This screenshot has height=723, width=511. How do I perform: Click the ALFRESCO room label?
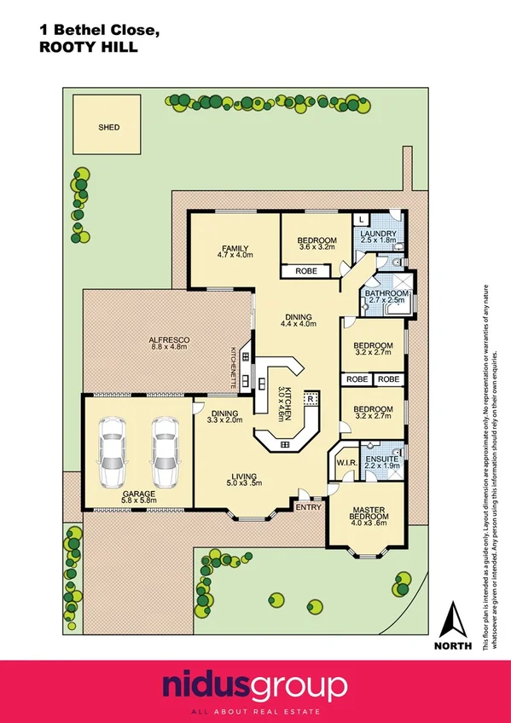point(170,340)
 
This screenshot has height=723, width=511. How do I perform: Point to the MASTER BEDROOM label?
point(369,513)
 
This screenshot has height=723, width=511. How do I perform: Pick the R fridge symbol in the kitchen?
point(311,398)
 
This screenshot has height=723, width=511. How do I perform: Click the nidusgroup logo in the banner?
point(255,685)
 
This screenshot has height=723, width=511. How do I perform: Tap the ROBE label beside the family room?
point(306,271)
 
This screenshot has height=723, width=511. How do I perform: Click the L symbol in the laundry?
point(362,220)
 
